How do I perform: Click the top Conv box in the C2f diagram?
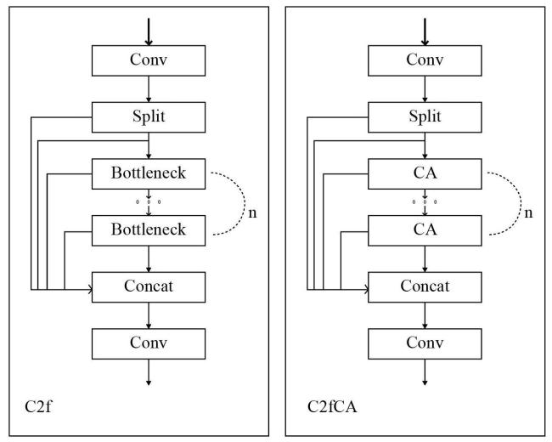click(x=149, y=60)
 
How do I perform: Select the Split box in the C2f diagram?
click(x=149, y=117)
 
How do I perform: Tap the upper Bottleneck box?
click(x=149, y=173)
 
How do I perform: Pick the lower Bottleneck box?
click(x=149, y=230)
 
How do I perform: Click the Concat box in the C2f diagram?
click(x=149, y=287)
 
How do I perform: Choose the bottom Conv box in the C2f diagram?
click(x=149, y=344)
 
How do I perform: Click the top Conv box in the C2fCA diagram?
click(x=425, y=60)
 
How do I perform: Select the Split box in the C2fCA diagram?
click(x=425, y=117)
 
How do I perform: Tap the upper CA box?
click(x=425, y=173)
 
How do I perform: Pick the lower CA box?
click(x=425, y=230)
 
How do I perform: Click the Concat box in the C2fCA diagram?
click(x=425, y=287)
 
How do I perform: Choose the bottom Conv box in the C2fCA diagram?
click(x=425, y=344)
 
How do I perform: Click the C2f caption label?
click(x=38, y=406)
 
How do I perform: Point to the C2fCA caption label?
click(x=332, y=406)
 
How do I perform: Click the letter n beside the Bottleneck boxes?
click(x=252, y=213)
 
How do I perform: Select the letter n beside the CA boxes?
click(x=528, y=213)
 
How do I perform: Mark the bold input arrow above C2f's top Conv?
click(x=149, y=31)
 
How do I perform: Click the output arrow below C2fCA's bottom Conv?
click(x=425, y=372)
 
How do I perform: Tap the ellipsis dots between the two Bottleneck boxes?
click(x=149, y=202)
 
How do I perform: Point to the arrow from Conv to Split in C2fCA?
click(x=425, y=89)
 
